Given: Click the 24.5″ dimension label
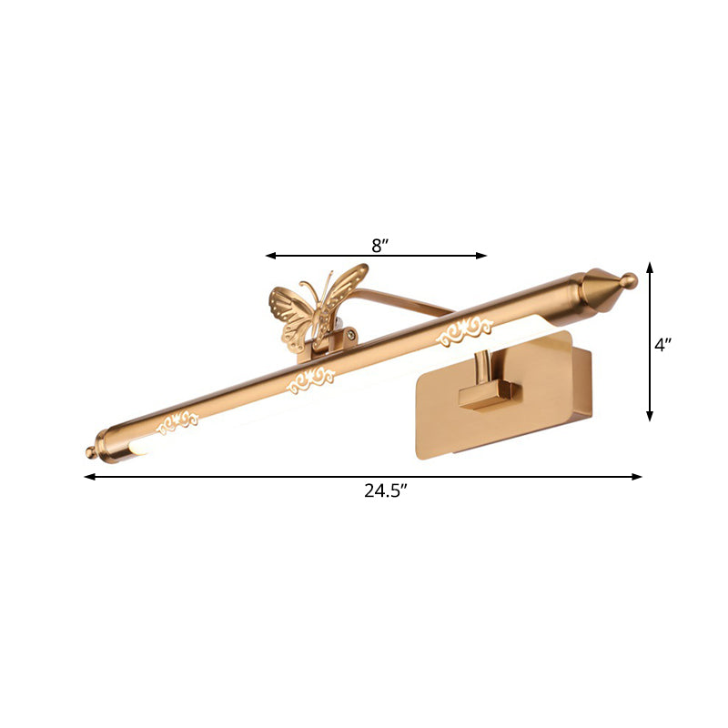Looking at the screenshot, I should (x=385, y=491).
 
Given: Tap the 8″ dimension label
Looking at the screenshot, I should (x=380, y=244).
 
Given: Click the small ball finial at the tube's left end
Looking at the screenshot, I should (x=90, y=452).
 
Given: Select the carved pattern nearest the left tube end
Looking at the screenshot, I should (x=179, y=420).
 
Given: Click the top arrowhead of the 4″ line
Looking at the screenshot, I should (x=650, y=267).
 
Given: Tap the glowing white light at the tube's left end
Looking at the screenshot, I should (x=136, y=449).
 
